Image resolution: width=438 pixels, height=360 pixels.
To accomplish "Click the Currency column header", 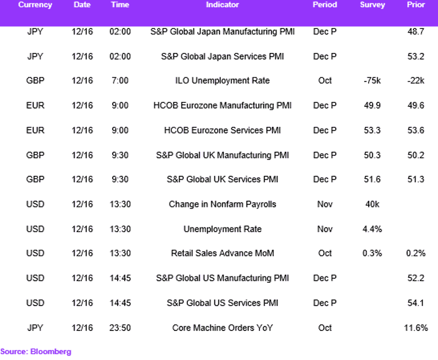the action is tap(35, 5).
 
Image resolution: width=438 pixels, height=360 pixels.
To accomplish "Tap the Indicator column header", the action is tap(222, 5).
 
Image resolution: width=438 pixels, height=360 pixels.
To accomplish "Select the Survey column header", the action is tap(373, 5).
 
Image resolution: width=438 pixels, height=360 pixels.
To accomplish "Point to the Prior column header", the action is tap(416, 5).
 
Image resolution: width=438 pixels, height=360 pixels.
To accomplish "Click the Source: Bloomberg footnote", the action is tap(36, 351).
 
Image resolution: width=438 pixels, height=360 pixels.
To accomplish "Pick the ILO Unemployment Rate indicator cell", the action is tap(222, 81).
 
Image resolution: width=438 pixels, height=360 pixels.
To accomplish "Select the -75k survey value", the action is tap(372, 81).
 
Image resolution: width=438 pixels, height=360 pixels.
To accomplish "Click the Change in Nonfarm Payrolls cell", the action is tap(222, 204).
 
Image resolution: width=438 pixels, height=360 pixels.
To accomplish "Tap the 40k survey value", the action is tap(373, 204).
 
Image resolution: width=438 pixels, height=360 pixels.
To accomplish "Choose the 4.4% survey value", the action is tap(372, 229).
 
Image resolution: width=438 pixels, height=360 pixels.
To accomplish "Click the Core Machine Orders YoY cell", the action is tap(222, 328).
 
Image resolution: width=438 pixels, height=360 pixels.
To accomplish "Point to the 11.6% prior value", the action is tap(416, 328).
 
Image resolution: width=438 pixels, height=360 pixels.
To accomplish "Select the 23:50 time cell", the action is tap(120, 328).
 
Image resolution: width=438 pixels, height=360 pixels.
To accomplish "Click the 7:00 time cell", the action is tap(120, 81).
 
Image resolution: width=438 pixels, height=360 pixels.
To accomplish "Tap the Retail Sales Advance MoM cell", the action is tap(222, 253).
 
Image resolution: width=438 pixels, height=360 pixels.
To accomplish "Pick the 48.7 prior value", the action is tap(416, 31).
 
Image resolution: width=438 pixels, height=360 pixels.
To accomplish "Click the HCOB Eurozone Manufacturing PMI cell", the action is tap(222, 105).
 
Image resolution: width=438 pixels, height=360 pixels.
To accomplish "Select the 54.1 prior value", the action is tap(416, 303).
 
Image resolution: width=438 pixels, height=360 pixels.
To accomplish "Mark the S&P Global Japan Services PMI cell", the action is tap(222, 56).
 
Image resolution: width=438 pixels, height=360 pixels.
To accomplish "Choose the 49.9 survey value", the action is tap(372, 105).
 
